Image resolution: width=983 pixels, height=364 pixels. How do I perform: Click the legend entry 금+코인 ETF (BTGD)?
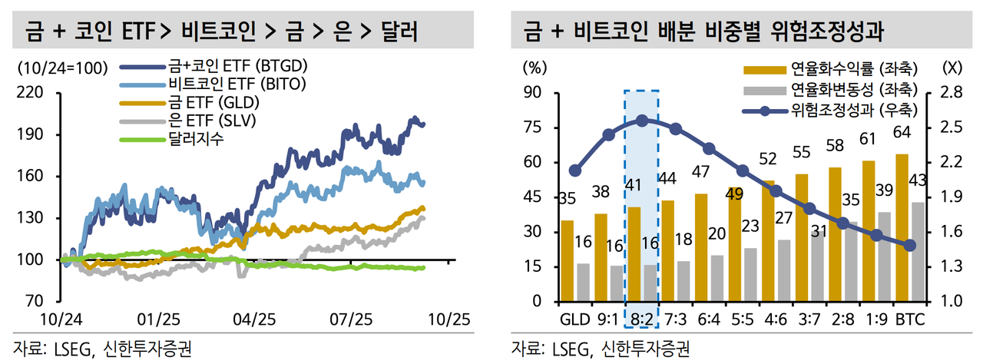point(218,67)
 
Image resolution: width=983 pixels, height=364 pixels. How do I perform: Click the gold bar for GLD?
point(567,261)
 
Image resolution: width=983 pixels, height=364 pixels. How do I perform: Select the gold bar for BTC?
point(902,228)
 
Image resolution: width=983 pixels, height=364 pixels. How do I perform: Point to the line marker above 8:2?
point(642,121)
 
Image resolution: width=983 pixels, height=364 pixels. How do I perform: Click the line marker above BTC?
point(910,246)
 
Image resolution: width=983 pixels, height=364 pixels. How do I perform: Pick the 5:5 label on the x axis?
point(743,316)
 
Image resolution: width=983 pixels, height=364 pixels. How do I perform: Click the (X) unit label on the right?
point(950,66)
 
